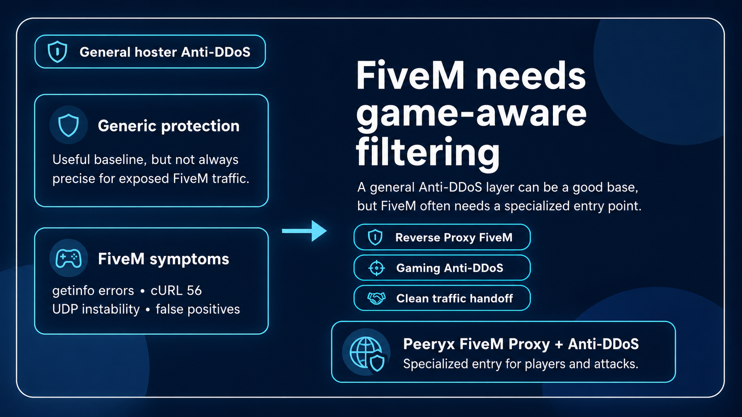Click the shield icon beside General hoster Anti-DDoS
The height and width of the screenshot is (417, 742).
coord(57,52)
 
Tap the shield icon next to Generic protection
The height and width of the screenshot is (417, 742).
coord(69,125)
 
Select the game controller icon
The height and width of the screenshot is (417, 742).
coord(68,258)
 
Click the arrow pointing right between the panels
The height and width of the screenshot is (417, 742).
coord(305,230)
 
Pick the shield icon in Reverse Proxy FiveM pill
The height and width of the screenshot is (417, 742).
coord(375,238)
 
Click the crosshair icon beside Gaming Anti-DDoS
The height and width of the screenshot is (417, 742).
coord(376,268)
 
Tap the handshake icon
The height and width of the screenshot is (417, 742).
coord(376,298)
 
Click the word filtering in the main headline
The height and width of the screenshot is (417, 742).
coord(428,152)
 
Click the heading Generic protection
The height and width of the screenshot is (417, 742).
coord(169,126)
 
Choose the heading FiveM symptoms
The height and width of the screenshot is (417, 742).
coord(163,259)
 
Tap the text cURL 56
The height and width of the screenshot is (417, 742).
coord(176,290)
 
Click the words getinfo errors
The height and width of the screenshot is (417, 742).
coord(93,290)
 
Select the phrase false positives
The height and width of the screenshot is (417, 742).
coord(197,309)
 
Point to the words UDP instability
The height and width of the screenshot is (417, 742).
coord(96,309)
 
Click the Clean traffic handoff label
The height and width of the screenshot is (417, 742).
coord(454,298)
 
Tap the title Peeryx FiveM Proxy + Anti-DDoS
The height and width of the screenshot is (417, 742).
coord(521,344)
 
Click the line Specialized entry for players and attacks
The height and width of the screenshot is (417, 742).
coord(521,364)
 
